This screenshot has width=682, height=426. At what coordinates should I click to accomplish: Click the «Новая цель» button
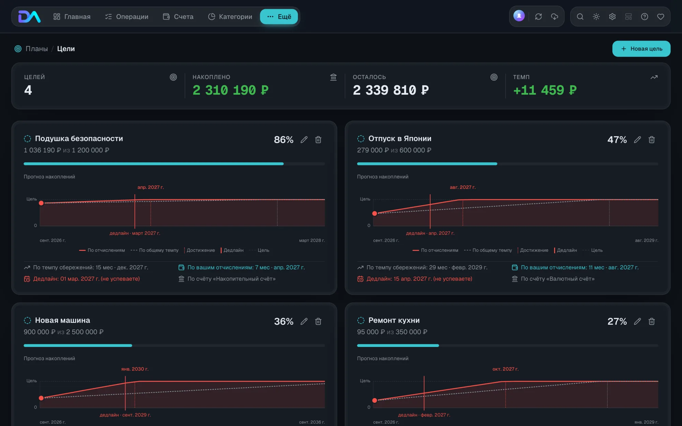(641, 49)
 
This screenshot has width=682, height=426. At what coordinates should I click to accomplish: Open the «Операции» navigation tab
(127, 17)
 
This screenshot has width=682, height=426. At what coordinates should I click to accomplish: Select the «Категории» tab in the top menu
(230, 17)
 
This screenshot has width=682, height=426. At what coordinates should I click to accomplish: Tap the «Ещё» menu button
(279, 17)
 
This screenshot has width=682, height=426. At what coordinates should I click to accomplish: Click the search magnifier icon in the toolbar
(580, 17)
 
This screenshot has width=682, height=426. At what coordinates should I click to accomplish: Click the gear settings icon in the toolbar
(612, 17)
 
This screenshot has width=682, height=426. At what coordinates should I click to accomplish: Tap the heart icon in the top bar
(661, 17)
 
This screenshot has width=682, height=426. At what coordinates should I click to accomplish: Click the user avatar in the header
(519, 16)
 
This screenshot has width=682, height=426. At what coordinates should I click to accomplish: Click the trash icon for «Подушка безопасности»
(318, 140)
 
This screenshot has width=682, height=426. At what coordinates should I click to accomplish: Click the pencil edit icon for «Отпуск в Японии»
(637, 140)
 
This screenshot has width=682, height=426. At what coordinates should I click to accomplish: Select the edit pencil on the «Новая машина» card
(304, 321)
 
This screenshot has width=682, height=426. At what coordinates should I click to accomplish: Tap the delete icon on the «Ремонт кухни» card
(652, 321)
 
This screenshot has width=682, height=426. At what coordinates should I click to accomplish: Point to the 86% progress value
(284, 140)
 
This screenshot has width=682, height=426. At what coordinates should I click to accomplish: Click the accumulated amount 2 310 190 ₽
(231, 90)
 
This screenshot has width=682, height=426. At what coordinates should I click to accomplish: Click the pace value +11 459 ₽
(545, 90)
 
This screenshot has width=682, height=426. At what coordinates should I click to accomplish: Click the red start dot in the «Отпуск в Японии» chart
(375, 213)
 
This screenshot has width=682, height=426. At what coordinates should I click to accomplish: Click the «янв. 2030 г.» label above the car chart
(135, 369)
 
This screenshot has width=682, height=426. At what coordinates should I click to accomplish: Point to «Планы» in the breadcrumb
(37, 49)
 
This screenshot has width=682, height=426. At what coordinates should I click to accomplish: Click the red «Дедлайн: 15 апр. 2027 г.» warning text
(419, 279)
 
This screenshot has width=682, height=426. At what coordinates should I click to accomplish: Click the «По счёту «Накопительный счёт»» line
(232, 279)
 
